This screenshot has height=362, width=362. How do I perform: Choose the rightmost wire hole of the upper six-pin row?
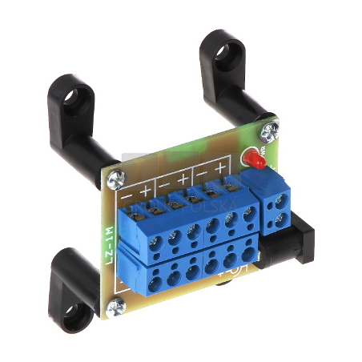249,213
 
